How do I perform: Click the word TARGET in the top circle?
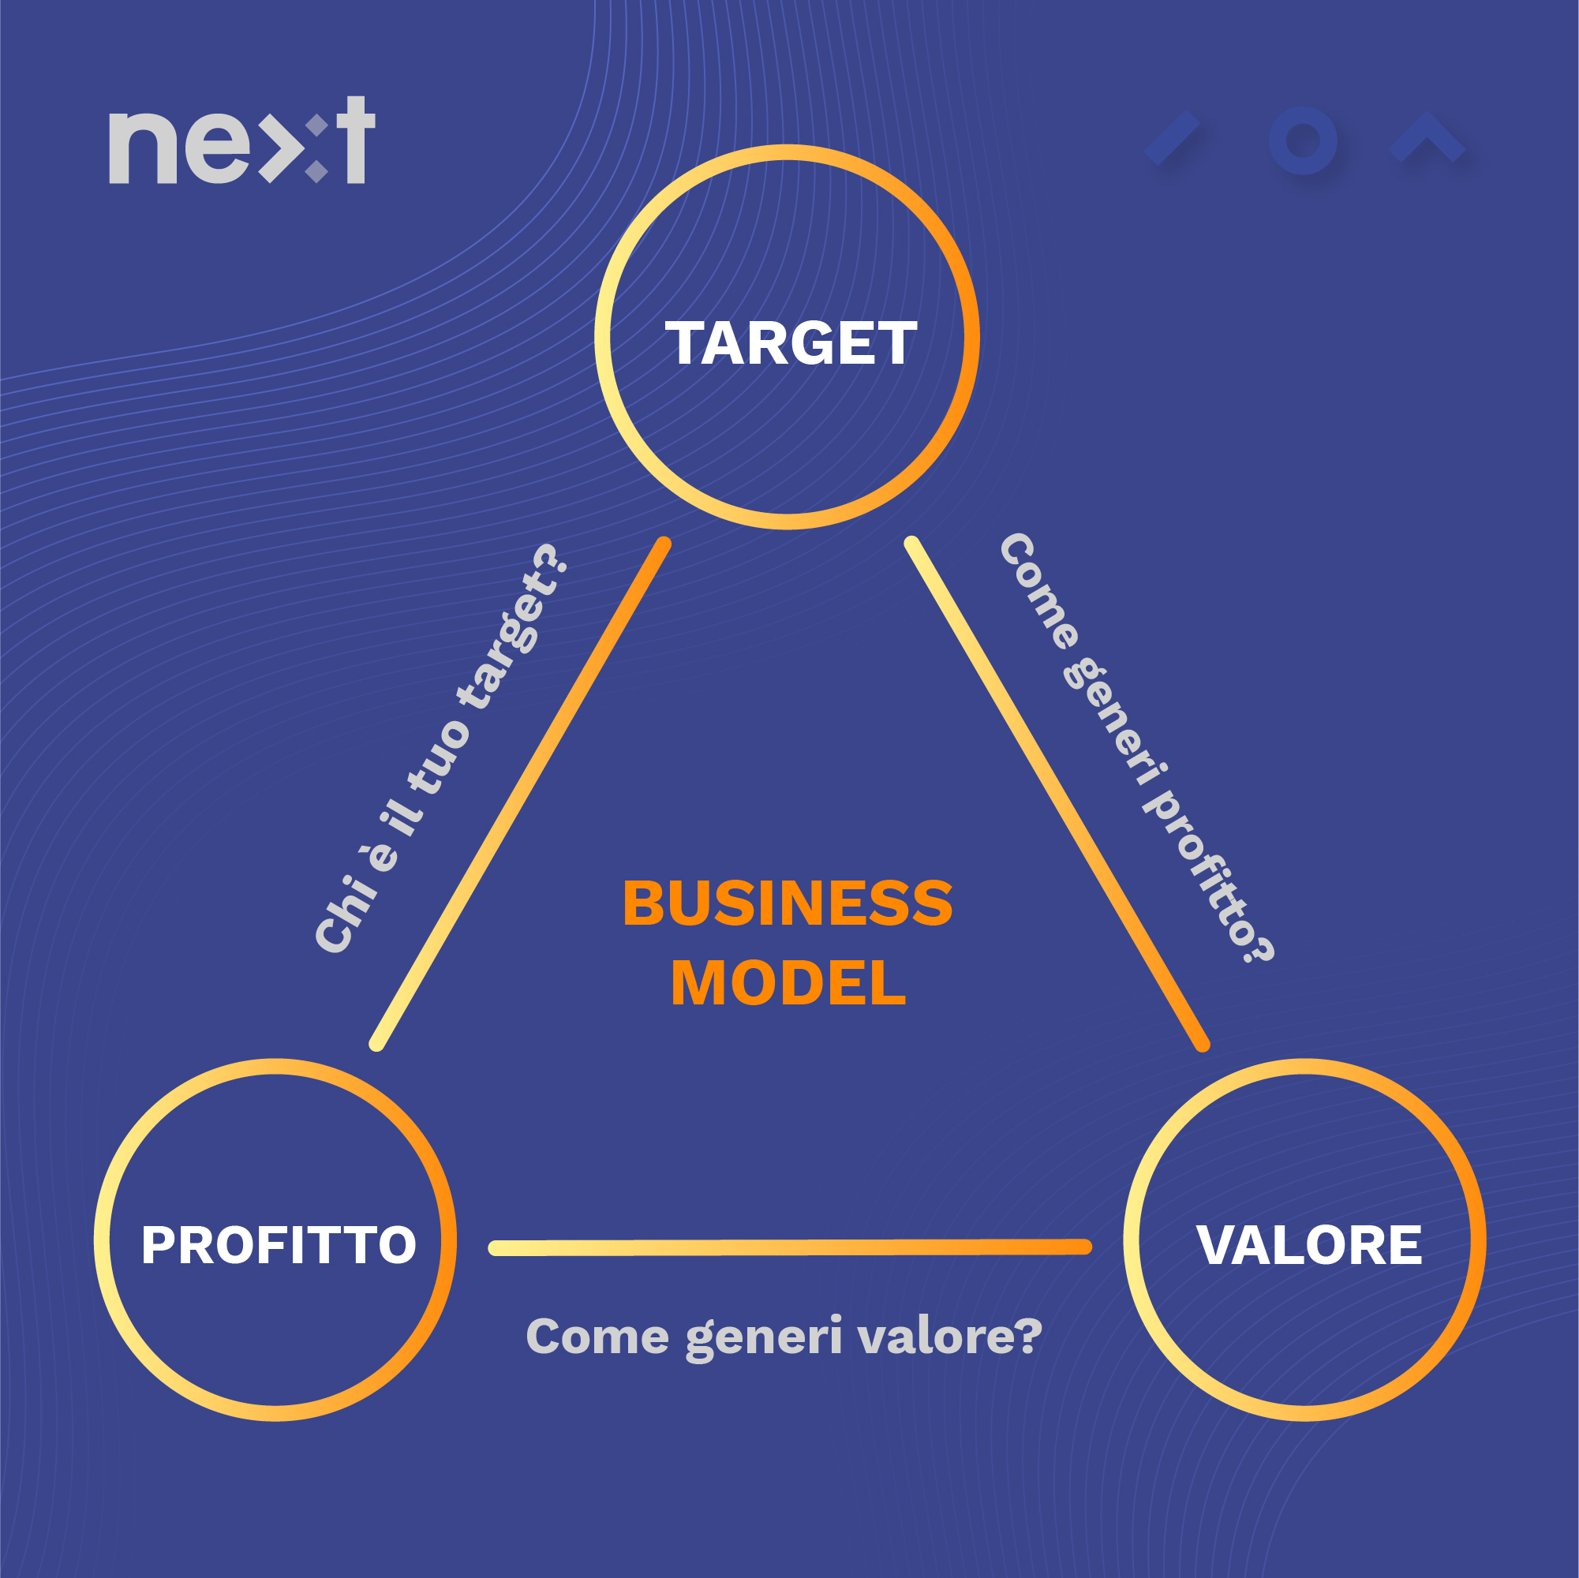pyautogui.click(x=791, y=343)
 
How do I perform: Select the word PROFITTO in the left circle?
pyautogui.click(x=279, y=1244)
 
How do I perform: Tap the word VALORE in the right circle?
pyautogui.click(x=1308, y=1244)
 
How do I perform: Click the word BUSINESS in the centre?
pyautogui.click(x=787, y=904)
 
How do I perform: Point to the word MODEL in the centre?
pyautogui.click(x=788, y=983)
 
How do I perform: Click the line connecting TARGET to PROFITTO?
pyautogui.click(x=521, y=794)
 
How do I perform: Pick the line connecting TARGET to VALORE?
pyautogui.click(x=1057, y=794)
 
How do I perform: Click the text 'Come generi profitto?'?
pyautogui.click(x=1136, y=748)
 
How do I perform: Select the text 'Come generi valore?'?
pyautogui.click(x=784, y=1336)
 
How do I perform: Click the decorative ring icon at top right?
pyautogui.click(x=1303, y=140)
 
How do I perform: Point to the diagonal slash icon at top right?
pyautogui.click(x=1172, y=138)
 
